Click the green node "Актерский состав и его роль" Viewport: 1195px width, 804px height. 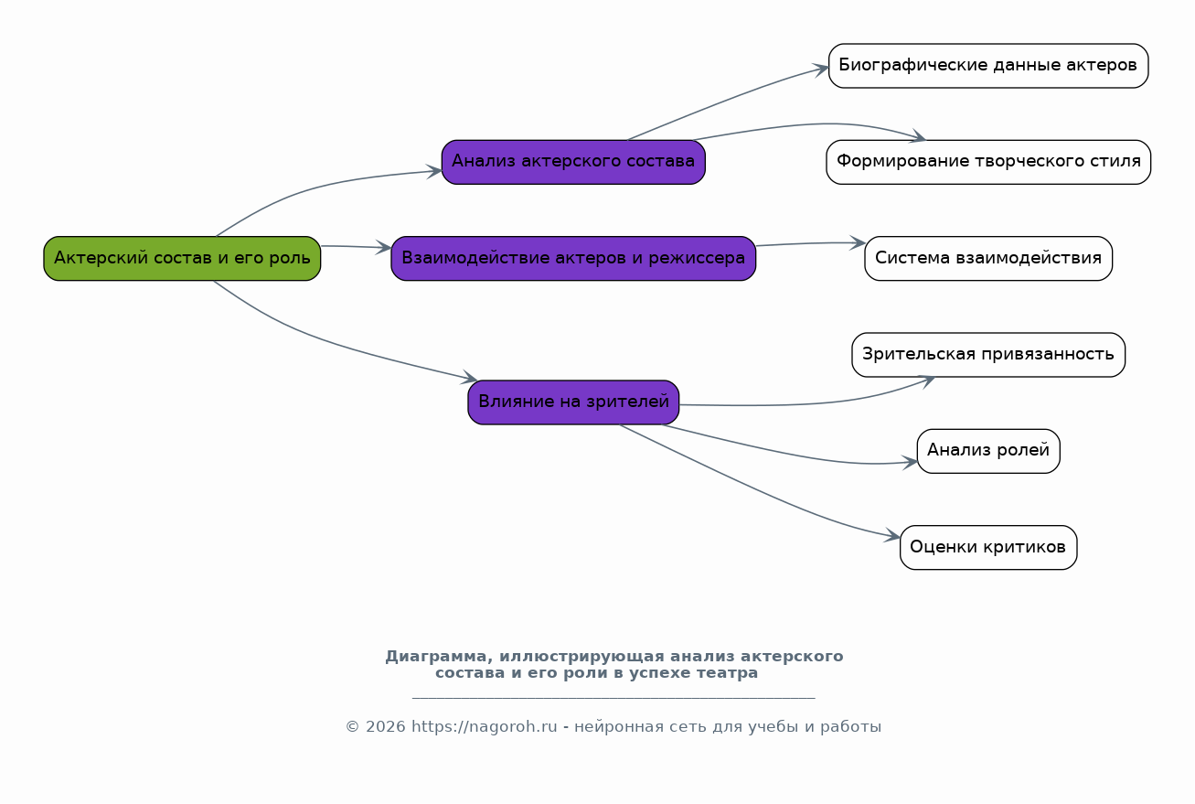tap(182, 258)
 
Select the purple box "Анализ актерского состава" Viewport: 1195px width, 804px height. tap(573, 162)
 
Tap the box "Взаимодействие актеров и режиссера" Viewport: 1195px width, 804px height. tap(573, 258)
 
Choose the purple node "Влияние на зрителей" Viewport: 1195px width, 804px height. tap(573, 402)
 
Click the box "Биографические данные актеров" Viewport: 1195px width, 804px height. tap(987, 66)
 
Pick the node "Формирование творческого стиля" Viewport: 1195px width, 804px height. tap(987, 162)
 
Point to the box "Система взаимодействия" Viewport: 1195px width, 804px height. tap(987, 258)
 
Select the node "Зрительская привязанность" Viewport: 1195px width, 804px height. tap(987, 354)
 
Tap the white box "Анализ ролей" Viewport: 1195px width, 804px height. tap(987, 451)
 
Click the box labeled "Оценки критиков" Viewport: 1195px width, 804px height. tap(987, 547)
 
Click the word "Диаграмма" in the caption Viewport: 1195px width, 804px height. tap(433, 657)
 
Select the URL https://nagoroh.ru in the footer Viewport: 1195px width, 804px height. tap(484, 727)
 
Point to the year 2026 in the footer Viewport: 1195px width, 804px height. tap(385, 727)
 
